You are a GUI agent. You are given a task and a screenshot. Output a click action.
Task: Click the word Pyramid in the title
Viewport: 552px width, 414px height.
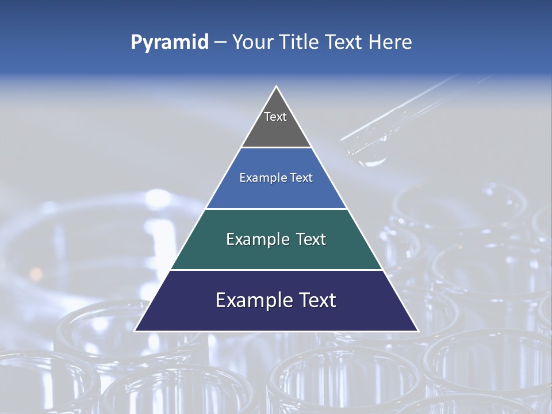pyautogui.click(x=170, y=43)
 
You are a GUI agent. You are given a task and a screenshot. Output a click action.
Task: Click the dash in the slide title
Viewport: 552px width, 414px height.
pyautogui.click(x=220, y=43)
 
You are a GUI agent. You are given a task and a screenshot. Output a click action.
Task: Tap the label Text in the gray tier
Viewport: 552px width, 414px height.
pyautogui.click(x=275, y=117)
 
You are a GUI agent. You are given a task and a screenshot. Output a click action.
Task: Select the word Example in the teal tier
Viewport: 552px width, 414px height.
pyautogui.click(x=253, y=239)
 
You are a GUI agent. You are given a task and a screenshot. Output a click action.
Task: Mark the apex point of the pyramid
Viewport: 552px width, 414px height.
pyautogui.click(x=276, y=87)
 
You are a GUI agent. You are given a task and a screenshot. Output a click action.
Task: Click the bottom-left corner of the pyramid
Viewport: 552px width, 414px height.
pyautogui.click(x=135, y=331)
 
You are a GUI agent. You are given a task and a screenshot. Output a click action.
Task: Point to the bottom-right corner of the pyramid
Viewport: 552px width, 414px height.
pyautogui.click(x=417, y=331)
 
